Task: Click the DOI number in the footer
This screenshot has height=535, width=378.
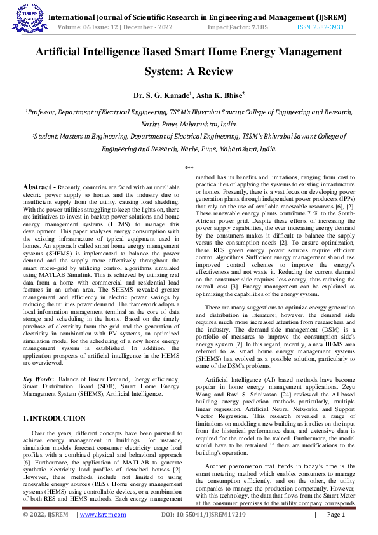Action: pyautogui.click(x=203, y=514)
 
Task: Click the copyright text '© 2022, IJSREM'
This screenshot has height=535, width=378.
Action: pyautogui.click(x=45, y=514)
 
